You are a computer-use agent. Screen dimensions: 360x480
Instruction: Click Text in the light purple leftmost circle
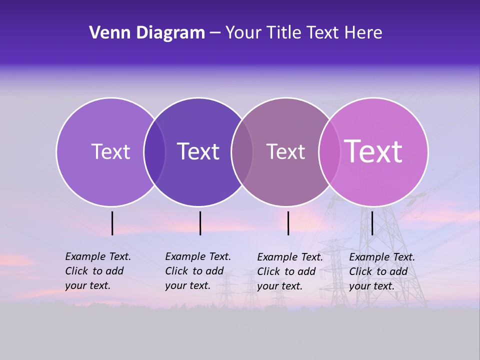tap(110, 151)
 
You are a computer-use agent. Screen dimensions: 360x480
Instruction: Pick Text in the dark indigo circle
tap(198, 151)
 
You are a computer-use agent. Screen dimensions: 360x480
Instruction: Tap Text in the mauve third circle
tap(285, 152)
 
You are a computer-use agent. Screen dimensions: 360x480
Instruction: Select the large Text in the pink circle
tap(373, 151)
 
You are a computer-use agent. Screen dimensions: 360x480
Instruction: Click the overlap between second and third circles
tap(242, 151)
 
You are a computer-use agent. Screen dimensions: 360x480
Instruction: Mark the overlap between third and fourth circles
tap(329, 151)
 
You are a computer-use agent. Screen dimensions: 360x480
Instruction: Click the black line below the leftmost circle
tap(112, 223)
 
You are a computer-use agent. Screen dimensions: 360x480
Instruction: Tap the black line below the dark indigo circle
tap(200, 223)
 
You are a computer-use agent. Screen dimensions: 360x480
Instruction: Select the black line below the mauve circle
tap(288, 223)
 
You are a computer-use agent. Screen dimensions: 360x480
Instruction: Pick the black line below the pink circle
tap(372, 223)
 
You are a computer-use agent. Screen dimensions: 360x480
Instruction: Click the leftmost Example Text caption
tap(97, 271)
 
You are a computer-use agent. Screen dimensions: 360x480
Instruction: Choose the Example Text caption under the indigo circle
tap(197, 271)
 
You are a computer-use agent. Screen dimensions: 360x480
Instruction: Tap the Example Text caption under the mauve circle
tap(289, 271)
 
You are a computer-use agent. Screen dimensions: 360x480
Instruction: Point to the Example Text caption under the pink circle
tap(381, 271)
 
